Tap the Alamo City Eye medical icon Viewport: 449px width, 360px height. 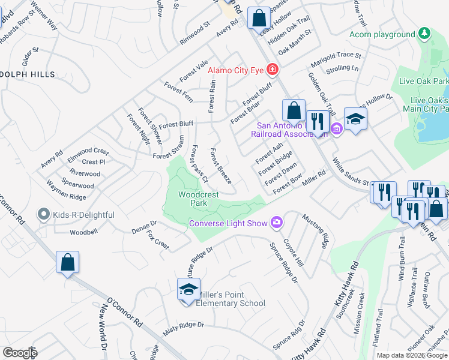coord(273,70)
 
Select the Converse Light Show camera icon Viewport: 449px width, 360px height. coord(276,223)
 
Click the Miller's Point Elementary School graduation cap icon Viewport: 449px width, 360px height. coord(188,290)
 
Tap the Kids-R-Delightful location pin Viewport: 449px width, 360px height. coord(43,214)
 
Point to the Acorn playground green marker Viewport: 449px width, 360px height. coord(424,34)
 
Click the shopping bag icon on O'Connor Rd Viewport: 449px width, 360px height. coord(68,262)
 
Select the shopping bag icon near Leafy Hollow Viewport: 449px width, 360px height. coord(259,19)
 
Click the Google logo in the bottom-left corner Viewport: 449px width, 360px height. coord(20,353)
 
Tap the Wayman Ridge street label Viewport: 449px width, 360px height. coord(68,196)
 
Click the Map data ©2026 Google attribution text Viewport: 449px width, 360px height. coord(412,355)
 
